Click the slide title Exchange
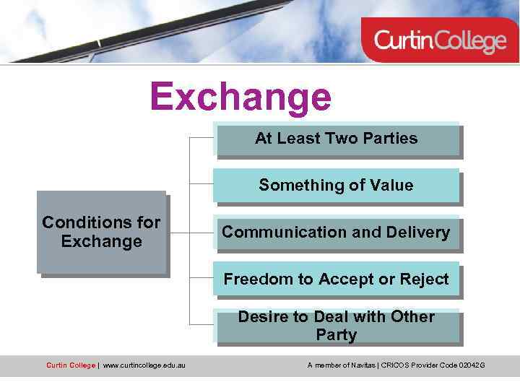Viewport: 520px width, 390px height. point(240,97)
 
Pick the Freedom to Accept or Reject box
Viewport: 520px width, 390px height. point(337,279)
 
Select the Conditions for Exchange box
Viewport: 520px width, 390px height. point(102,232)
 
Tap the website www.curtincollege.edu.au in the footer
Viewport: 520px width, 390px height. point(144,365)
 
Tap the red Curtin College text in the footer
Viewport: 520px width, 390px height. point(70,365)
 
